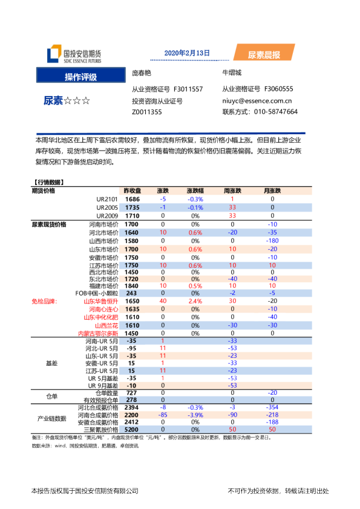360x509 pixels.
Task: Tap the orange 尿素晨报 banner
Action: click(264, 55)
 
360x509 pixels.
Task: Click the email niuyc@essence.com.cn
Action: click(257, 102)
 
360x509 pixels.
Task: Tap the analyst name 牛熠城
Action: click(232, 73)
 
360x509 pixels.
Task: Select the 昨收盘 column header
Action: click(132, 190)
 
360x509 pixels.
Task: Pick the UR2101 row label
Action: click(107, 199)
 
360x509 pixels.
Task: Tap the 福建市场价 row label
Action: click(103, 286)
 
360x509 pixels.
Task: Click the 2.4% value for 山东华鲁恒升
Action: click(195, 300)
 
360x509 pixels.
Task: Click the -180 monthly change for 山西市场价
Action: click(272, 241)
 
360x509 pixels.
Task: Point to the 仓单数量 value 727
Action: click(132, 392)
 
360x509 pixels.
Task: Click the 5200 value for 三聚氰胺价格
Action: click(132, 430)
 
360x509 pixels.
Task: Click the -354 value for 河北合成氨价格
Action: click(272, 408)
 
